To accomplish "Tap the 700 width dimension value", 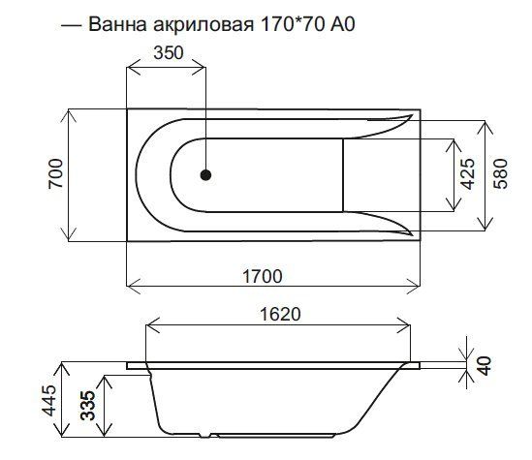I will pos(55,174).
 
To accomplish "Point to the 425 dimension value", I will pos(466,175).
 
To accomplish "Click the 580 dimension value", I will pos(500,175).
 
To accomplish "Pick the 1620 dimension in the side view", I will pos(281,314).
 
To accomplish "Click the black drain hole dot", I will pos(205,175).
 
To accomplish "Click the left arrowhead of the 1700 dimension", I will pos(131,288).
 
